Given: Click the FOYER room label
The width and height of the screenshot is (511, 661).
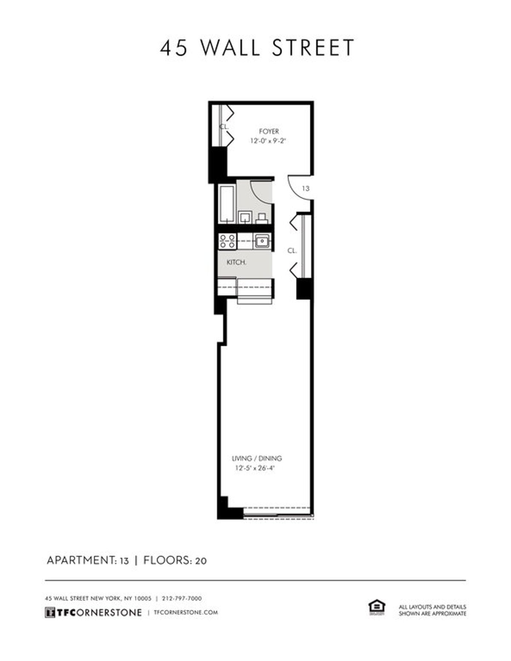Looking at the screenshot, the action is tap(269, 131).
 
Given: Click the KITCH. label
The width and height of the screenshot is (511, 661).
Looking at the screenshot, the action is tap(237, 262).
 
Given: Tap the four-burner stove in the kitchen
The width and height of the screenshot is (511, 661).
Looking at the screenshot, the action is tap(227, 241).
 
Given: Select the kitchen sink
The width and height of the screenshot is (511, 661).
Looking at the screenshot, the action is tap(262, 241).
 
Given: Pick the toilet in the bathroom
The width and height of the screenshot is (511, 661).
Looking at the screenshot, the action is tap(262, 218).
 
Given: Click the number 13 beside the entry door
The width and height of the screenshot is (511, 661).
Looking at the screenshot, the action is tap(305, 188).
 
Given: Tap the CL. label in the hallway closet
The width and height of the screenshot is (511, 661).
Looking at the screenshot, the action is tap(292, 251).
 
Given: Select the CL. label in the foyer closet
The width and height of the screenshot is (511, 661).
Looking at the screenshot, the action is tap(224, 126).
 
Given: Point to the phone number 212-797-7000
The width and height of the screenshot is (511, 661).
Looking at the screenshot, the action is tap(182, 598).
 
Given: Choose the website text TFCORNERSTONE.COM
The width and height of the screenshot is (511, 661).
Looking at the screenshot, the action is tap(186, 613).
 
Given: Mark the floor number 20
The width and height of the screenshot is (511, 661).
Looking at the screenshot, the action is tap(201, 561).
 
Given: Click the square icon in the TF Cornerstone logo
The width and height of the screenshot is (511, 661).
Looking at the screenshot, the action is tap(50, 613).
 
